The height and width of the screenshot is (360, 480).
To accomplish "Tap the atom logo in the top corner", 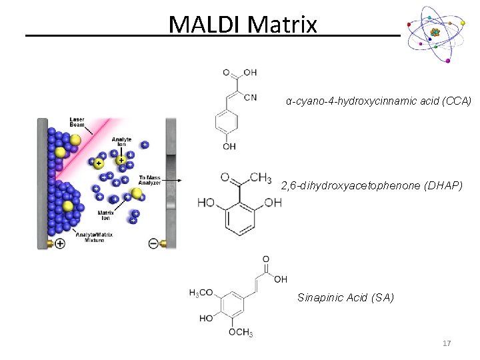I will pyautogui.click(x=435, y=33).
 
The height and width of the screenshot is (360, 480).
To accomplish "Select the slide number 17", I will pyautogui.click(x=447, y=343).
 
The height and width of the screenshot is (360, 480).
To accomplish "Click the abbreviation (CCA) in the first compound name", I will pyautogui.click(x=457, y=101).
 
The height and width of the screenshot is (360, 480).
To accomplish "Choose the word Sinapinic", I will pyautogui.click(x=320, y=297).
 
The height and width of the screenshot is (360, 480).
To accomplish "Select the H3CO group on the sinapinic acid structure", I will pyautogui.click(x=201, y=293).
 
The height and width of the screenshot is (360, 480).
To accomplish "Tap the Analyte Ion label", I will pyautogui.click(x=122, y=143).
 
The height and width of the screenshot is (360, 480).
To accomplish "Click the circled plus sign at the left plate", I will pyautogui.click(x=60, y=244).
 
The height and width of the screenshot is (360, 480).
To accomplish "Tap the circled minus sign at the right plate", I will pyautogui.click(x=153, y=244).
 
